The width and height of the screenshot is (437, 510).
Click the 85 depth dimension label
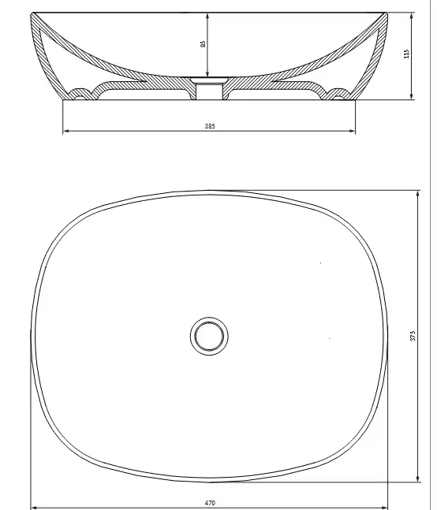pos(203,44)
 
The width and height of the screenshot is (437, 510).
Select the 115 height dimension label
pos(406,54)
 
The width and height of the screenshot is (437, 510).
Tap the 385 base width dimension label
pos(210,126)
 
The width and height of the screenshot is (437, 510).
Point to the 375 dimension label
pos(413,336)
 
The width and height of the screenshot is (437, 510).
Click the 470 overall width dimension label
pos(210,503)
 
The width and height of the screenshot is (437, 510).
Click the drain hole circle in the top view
pos(209,336)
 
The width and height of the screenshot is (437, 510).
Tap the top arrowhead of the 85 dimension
pos(207,16)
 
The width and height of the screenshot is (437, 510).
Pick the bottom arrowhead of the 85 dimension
pos(207,74)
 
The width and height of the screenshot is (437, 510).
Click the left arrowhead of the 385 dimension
pos(65,131)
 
